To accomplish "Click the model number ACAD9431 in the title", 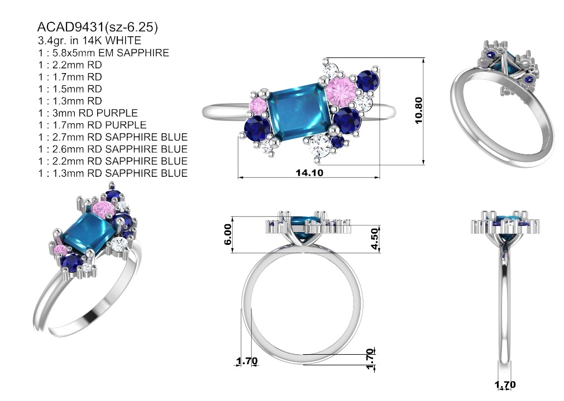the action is [x=71, y=27].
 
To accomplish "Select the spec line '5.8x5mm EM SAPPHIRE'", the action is [x=111, y=53].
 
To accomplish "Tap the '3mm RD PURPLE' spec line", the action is [x=95, y=113].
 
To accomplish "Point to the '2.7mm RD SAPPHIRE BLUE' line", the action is [x=120, y=137].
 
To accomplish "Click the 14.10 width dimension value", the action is [x=309, y=173].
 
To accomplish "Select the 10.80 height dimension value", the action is [x=419, y=110].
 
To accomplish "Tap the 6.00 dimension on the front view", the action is [x=228, y=234].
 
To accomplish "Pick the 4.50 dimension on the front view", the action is [x=375, y=239].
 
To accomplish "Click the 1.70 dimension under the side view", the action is [x=505, y=385].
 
